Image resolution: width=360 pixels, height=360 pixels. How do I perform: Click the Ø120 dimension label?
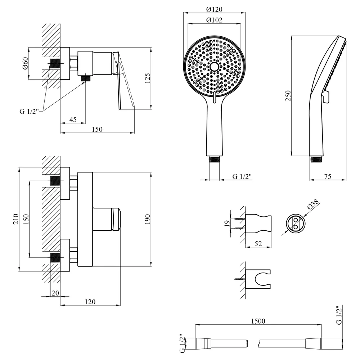(214, 9)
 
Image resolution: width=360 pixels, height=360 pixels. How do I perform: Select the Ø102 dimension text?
(214, 20)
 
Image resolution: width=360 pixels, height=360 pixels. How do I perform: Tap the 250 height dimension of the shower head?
(288, 96)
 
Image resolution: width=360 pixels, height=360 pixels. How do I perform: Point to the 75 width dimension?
(328, 176)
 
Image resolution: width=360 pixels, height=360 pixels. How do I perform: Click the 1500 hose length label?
(258, 321)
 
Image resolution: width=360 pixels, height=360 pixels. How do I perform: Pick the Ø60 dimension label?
(25, 63)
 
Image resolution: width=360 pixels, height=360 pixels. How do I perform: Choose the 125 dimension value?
(147, 78)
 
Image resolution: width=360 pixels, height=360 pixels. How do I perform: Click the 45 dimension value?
(73, 120)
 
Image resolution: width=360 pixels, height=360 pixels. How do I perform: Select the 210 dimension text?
(15, 219)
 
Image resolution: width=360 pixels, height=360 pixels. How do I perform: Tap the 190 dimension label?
(147, 219)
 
